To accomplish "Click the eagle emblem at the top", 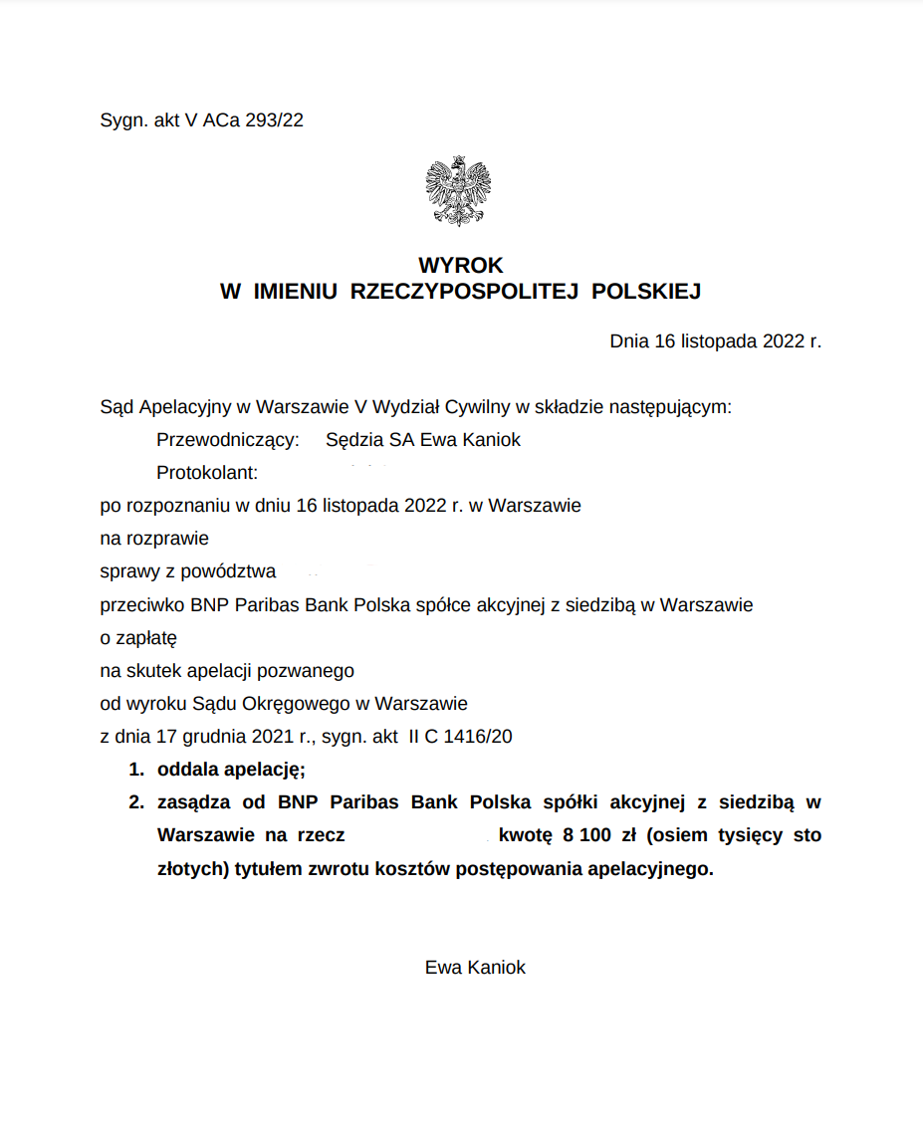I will pos(458,191).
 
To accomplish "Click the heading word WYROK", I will pos(460,266).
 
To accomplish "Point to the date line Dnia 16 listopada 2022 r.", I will pos(715,341).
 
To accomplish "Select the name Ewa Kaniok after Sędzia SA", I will pos(470,440).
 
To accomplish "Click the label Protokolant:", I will pos(207,473).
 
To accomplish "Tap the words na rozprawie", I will pos(154,539).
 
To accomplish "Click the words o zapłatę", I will pos(138,637).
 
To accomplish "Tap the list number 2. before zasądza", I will pos(135,802).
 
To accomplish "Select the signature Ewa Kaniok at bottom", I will pos(475,967).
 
